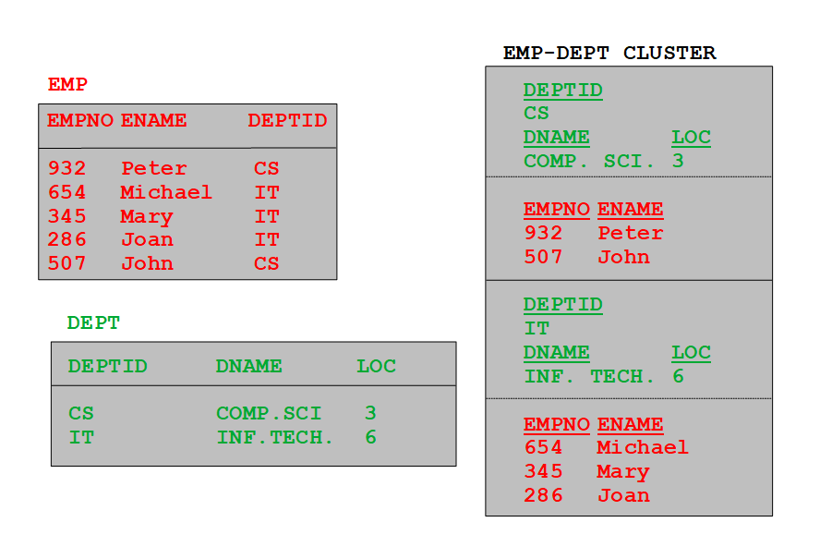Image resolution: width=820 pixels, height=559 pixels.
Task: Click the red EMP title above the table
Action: pos(67,84)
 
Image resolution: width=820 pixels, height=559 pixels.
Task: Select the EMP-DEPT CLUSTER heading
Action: pos(609,53)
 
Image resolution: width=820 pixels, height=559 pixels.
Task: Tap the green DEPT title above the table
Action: pos(93,323)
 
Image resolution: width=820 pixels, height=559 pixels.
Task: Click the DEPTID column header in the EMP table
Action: pos(287,120)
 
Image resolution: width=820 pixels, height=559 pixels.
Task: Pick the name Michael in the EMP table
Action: pos(166,192)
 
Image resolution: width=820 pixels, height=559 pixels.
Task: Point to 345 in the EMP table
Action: pos(66,216)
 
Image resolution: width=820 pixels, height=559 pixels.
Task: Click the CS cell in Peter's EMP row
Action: pos(267,168)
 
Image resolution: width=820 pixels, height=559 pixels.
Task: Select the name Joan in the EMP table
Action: pos(147,239)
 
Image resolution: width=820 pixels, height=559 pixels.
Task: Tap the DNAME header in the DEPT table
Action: pos(249,366)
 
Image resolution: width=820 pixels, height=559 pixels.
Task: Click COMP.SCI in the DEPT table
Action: pos(269,414)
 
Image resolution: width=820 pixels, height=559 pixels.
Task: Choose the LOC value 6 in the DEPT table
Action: pos(371,437)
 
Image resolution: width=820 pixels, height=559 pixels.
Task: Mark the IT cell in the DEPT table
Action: pos(81,437)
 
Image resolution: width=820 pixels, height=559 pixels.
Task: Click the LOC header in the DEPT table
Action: pos(377,366)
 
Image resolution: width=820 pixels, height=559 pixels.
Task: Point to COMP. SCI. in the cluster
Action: pos(589,161)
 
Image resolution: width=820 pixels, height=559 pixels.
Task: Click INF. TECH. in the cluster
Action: pos(589,376)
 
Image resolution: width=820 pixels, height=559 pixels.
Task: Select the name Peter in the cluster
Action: pos(631,233)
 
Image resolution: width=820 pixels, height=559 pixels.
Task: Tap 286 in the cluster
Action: pos(543,495)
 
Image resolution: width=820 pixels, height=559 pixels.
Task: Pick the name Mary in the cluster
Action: pos(623,471)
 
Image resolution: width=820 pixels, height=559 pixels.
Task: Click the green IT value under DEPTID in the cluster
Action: pos(537,328)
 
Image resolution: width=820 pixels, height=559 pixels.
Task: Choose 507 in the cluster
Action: pos(543,257)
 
